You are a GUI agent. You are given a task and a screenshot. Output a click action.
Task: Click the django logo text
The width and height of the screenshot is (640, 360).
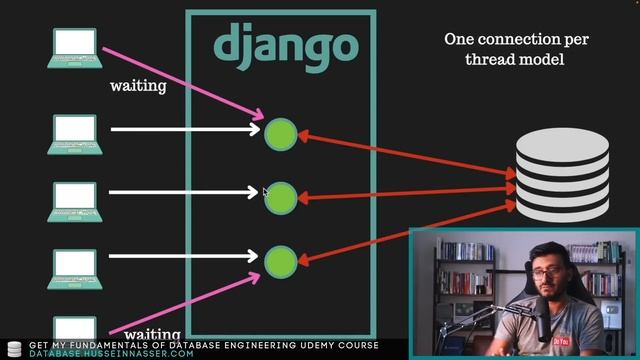pyautogui.click(x=285, y=45)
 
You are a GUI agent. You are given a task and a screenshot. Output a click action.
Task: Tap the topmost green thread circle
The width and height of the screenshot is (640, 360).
pyautogui.click(x=281, y=134)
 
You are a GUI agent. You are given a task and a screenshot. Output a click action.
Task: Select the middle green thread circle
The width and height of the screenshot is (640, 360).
pyautogui.click(x=281, y=197)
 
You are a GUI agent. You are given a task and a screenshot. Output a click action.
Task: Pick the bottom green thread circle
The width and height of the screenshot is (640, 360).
pyautogui.click(x=281, y=261)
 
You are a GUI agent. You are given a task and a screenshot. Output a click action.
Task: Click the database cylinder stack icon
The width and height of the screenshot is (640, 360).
pyautogui.click(x=562, y=177)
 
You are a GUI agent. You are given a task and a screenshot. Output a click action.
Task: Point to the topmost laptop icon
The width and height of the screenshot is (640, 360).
pyautogui.click(x=75, y=46)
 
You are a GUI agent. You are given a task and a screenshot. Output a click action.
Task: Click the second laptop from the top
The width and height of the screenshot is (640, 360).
pyautogui.click(x=75, y=133)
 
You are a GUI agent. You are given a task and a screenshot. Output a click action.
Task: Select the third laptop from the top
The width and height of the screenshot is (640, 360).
pyautogui.click(x=75, y=200)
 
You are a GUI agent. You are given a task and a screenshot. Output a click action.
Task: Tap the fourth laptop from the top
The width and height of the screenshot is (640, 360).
pyautogui.click(x=75, y=266)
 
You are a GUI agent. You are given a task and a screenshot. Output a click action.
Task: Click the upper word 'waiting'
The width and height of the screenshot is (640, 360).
pyautogui.click(x=138, y=86)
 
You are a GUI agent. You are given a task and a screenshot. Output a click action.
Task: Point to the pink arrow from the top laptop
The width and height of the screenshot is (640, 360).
pyautogui.click(x=180, y=80)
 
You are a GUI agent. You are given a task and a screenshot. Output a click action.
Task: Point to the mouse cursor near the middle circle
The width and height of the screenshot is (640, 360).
pyautogui.click(x=266, y=193)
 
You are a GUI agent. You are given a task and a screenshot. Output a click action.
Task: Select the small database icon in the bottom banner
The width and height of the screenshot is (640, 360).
pyautogui.click(x=14, y=349)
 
